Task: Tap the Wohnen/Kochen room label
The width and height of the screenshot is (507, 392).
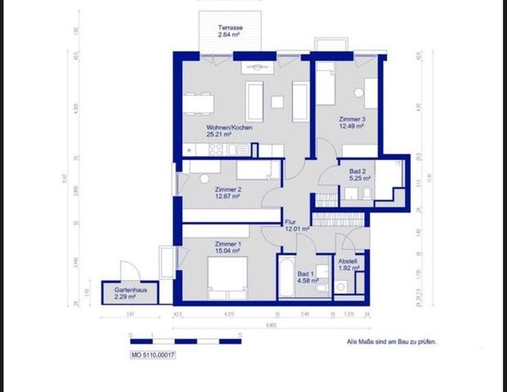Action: point(229,128)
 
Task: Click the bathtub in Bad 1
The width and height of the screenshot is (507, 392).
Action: point(288,281)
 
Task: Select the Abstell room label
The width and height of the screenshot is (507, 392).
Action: point(349,261)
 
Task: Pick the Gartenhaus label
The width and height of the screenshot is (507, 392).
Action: point(120,291)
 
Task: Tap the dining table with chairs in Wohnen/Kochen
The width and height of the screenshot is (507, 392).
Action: point(199,103)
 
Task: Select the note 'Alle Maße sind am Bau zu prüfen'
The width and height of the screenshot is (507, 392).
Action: point(391,343)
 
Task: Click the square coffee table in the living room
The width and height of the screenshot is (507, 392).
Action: point(277,102)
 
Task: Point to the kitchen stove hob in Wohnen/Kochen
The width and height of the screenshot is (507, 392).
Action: point(216,149)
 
